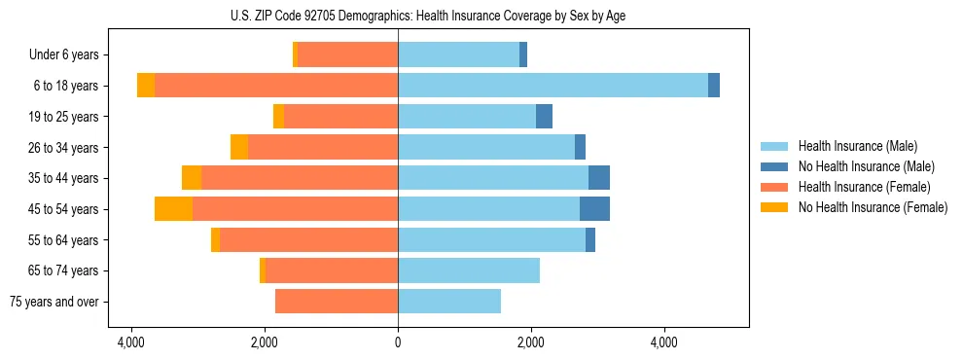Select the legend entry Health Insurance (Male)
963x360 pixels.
[857, 146]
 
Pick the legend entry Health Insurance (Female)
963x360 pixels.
[864, 187]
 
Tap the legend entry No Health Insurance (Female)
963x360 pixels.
[873, 207]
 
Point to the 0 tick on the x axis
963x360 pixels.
[398, 343]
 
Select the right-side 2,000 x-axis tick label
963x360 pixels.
[530, 343]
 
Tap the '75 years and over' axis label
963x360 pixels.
[54, 302]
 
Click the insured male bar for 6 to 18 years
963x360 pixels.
[553, 86]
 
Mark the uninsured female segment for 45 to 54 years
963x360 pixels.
[173, 209]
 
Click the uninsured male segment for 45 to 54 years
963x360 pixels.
[594, 209]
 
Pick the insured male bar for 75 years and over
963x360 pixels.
[449, 302]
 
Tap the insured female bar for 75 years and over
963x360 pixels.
[337, 302]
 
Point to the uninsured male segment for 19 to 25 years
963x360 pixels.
[544, 117]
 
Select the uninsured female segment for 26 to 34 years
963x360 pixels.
[239, 147]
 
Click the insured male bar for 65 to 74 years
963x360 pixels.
[469, 270]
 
